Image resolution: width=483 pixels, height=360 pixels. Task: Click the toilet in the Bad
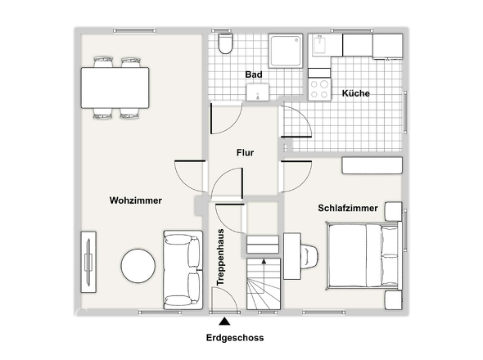[225, 43]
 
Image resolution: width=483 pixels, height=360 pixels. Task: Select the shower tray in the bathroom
[286, 51]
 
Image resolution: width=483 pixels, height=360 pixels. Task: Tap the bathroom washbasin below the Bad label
[258, 92]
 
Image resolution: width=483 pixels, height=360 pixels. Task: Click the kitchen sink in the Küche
[321, 46]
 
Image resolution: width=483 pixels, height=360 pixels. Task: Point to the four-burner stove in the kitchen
[319, 89]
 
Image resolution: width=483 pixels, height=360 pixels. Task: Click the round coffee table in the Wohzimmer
[138, 266]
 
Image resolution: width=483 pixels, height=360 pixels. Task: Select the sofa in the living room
[183, 270]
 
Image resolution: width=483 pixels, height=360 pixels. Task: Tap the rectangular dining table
[115, 88]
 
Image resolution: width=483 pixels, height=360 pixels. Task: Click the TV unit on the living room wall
[88, 262]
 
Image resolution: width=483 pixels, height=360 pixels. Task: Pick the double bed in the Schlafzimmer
[363, 255]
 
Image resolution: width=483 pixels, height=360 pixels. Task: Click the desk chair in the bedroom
[310, 256]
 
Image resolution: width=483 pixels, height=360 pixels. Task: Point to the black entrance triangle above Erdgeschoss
[224, 322]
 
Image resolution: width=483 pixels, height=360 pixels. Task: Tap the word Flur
[246, 153]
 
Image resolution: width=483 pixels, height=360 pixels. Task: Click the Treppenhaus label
[220, 258]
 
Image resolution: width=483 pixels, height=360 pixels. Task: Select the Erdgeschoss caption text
[235, 338]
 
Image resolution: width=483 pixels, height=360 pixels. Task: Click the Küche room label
[356, 93]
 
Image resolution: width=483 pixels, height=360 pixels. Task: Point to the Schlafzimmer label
[348, 208]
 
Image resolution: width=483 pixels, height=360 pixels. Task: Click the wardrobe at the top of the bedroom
[372, 165]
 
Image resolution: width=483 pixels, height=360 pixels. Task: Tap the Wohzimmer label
[136, 200]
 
